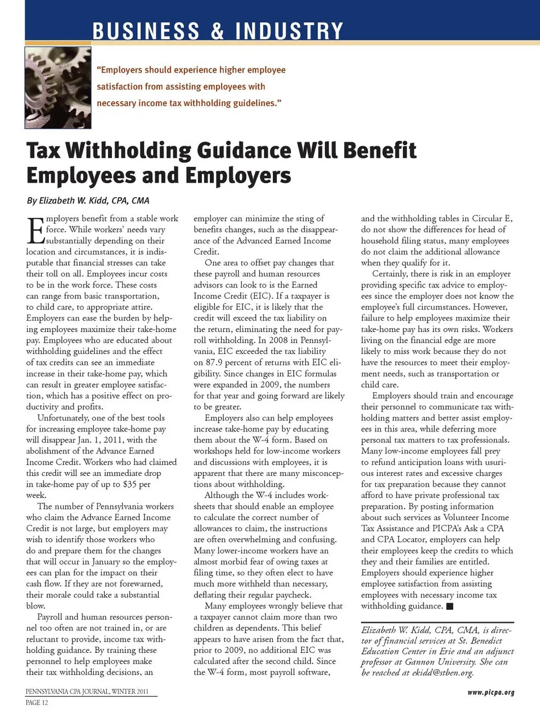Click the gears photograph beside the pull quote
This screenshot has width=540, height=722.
57,88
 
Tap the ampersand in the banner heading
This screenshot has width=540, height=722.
217,31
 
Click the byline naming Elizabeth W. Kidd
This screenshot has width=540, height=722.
88,201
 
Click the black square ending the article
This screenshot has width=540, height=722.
449,606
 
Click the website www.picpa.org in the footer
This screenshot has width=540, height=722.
490,692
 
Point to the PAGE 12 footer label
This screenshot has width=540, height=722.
37,702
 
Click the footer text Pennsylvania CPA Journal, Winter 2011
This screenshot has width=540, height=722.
87,692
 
